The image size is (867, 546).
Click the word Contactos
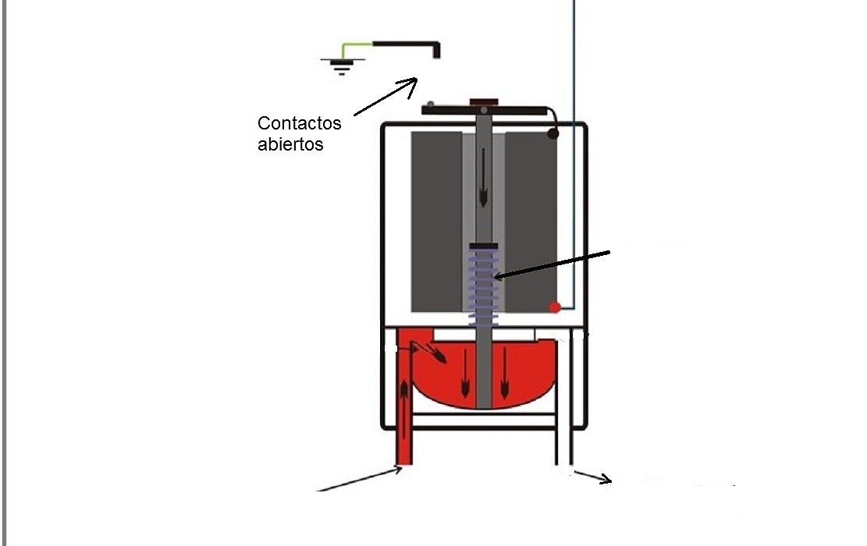click(299, 122)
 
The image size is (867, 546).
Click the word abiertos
click(290, 144)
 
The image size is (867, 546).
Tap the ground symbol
click(343, 66)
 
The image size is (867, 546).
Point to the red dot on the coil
click(555, 307)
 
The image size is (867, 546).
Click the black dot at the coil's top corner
click(553, 133)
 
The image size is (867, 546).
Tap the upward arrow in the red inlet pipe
click(404, 409)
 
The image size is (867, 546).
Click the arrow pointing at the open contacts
click(386, 97)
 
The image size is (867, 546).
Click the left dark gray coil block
click(437, 222)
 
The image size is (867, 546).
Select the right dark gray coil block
click(531, 222)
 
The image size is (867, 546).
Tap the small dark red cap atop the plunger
click(484, 102)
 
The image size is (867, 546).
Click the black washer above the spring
click(484, 246)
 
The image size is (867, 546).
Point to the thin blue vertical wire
click(574, 154)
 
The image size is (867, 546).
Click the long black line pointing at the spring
click(553, 264)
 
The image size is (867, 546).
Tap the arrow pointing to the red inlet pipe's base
click(360, 479)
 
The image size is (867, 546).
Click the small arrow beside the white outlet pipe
click(593, 477)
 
